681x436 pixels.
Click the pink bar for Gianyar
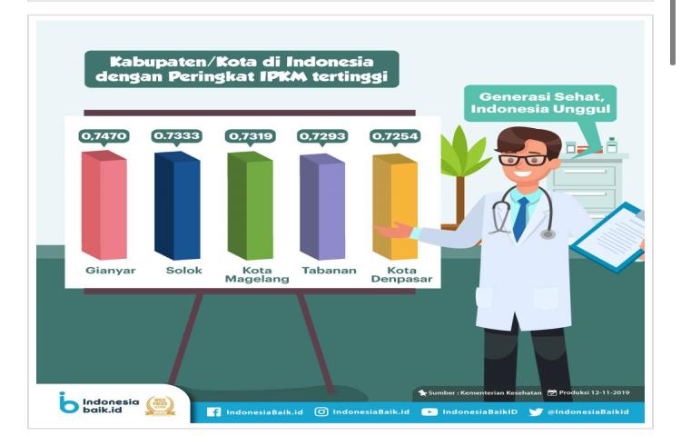pos(104,206)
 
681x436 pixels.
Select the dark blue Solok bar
pos(176,206)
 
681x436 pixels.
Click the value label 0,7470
pos(104,136)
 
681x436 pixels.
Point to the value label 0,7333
pos(176,136)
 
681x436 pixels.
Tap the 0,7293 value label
pos(322,136)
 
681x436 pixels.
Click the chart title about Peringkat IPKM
pos(242,69)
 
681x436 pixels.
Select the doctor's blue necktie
pos(520,218)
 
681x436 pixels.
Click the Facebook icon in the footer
pos(214,411)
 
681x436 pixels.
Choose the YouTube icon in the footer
pos(429,411)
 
